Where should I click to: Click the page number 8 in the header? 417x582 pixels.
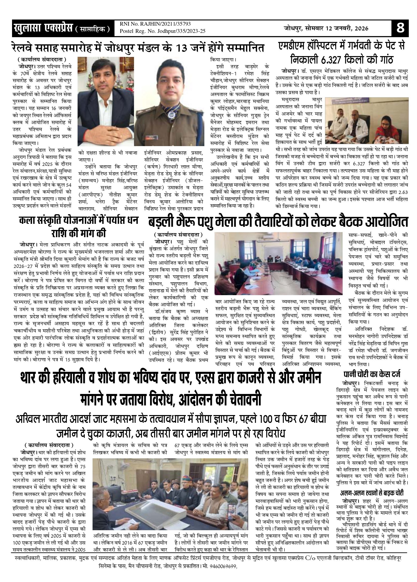coord(400,28)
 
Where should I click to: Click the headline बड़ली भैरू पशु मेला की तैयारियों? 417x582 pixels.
coord(278,222)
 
